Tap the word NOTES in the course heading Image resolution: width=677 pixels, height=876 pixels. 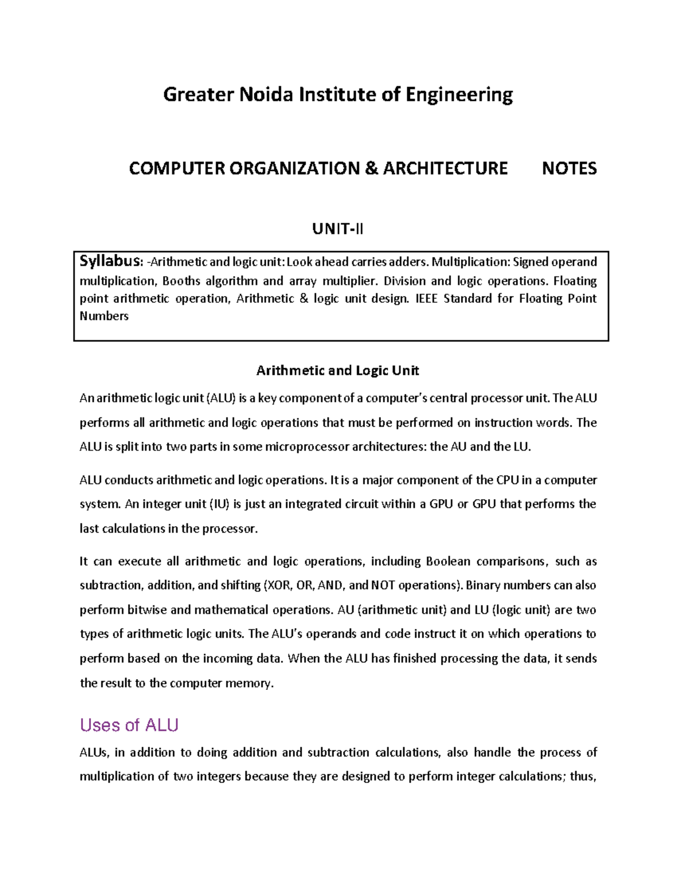pyautogui.click(x=569, y=168)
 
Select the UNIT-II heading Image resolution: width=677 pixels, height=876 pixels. pyautogui.click(x=338, y=229)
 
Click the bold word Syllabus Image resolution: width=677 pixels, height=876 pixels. pyautogui.click(x=111, y=261)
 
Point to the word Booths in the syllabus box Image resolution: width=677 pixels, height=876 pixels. pyautogui.click(x=181, y=281)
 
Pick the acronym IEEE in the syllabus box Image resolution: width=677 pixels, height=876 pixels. pyautogui.click(x=427, y=298)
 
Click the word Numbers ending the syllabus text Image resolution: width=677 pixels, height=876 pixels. pyautogui.click(x=104, y=316)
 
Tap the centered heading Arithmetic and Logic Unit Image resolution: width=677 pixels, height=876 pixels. pyautogui.click(x=337, y=371)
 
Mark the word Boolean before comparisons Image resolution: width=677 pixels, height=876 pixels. pyautogui.click(x=448, y=561)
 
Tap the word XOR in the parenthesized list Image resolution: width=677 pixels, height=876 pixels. pyautogui.click(x=278, y=585)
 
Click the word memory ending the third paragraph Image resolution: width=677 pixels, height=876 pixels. pyautogui.click(x=249, y=683)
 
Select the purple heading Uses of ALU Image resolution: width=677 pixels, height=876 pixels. pyautogui.click(x=129, y=725)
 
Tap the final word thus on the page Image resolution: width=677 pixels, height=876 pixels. pyautogui.click(x=583, y=776)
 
